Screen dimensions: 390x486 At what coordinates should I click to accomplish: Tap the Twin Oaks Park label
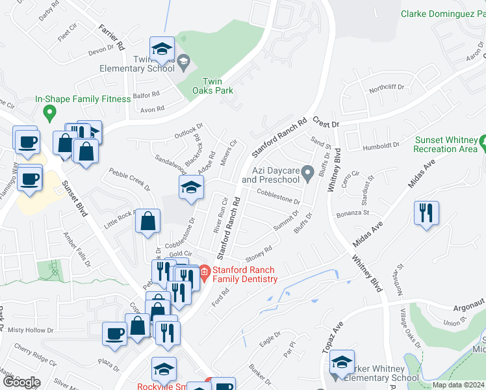coord(217,86)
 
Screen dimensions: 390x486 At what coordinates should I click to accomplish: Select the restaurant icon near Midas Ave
coord(426,213)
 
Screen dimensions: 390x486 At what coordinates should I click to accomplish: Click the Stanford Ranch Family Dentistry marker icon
coord(204,270)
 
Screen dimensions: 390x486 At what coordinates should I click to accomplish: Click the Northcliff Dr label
coord(387,87)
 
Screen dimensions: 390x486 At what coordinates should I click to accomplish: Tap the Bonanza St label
coord(352,213)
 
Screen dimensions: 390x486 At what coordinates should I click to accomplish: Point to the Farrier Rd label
coord(112,38)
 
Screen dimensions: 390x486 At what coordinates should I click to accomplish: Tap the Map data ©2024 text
coord(457,385)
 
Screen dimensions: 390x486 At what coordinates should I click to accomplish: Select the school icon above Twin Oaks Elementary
coord(162,48)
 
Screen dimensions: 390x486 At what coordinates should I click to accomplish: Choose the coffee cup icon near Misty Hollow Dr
coord(115,333)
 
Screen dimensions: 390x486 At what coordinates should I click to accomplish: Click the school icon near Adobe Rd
coord(191,187)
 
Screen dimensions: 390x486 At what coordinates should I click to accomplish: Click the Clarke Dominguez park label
coord(442,13)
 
